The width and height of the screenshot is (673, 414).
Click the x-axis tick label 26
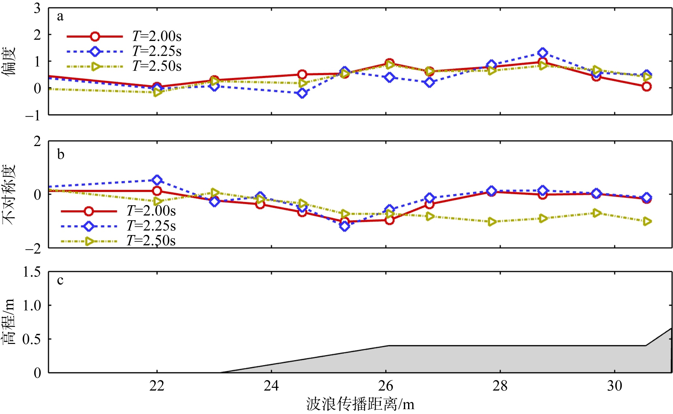pos(386,386)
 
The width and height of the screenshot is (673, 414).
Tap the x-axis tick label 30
pos(615,386)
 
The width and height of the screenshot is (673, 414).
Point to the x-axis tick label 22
pos(157,386)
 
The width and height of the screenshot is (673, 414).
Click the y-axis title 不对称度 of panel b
pos(9,194)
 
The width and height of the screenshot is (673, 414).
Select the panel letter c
pos(60,280)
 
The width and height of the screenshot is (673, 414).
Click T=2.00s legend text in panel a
pos(157,36)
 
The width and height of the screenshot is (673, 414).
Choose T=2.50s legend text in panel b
pos(151,241)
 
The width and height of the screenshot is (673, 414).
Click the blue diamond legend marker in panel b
pos(89,226)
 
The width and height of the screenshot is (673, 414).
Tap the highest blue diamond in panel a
pos(543,53)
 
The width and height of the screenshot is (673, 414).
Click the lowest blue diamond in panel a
pos(302,93)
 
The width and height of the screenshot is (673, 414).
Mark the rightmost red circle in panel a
pos(646,87)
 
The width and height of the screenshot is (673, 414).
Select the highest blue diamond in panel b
pos(157,180)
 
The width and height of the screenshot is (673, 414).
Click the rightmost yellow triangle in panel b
pos(646,221)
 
